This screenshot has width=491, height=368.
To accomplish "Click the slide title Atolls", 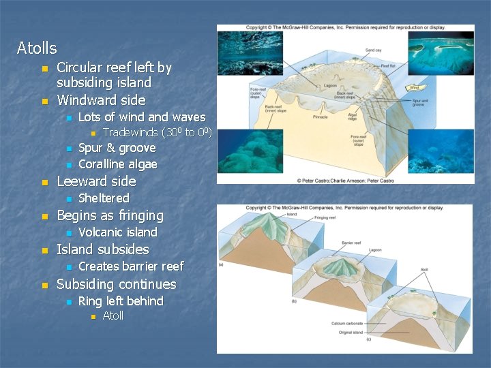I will coord(37,48).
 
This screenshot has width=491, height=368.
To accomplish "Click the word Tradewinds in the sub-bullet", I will coord(130,132).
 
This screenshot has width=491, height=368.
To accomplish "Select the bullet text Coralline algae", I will coord(117,164).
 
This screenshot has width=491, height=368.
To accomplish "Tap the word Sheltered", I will coord(104,198).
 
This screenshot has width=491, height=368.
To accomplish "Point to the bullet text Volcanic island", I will coord(117,232).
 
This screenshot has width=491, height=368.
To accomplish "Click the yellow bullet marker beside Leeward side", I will coord(45,183).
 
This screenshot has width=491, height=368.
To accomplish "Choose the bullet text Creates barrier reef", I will coord(131,266).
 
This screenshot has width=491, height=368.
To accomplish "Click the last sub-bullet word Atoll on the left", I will coord(113,316).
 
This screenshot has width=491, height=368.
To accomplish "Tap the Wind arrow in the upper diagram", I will coord(413,87).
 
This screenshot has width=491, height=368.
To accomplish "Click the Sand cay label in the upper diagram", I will coord(373,50).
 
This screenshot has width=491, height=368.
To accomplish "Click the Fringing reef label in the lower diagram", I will coord(325,217).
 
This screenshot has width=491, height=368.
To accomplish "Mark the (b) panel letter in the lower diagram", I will coord(293,301).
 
